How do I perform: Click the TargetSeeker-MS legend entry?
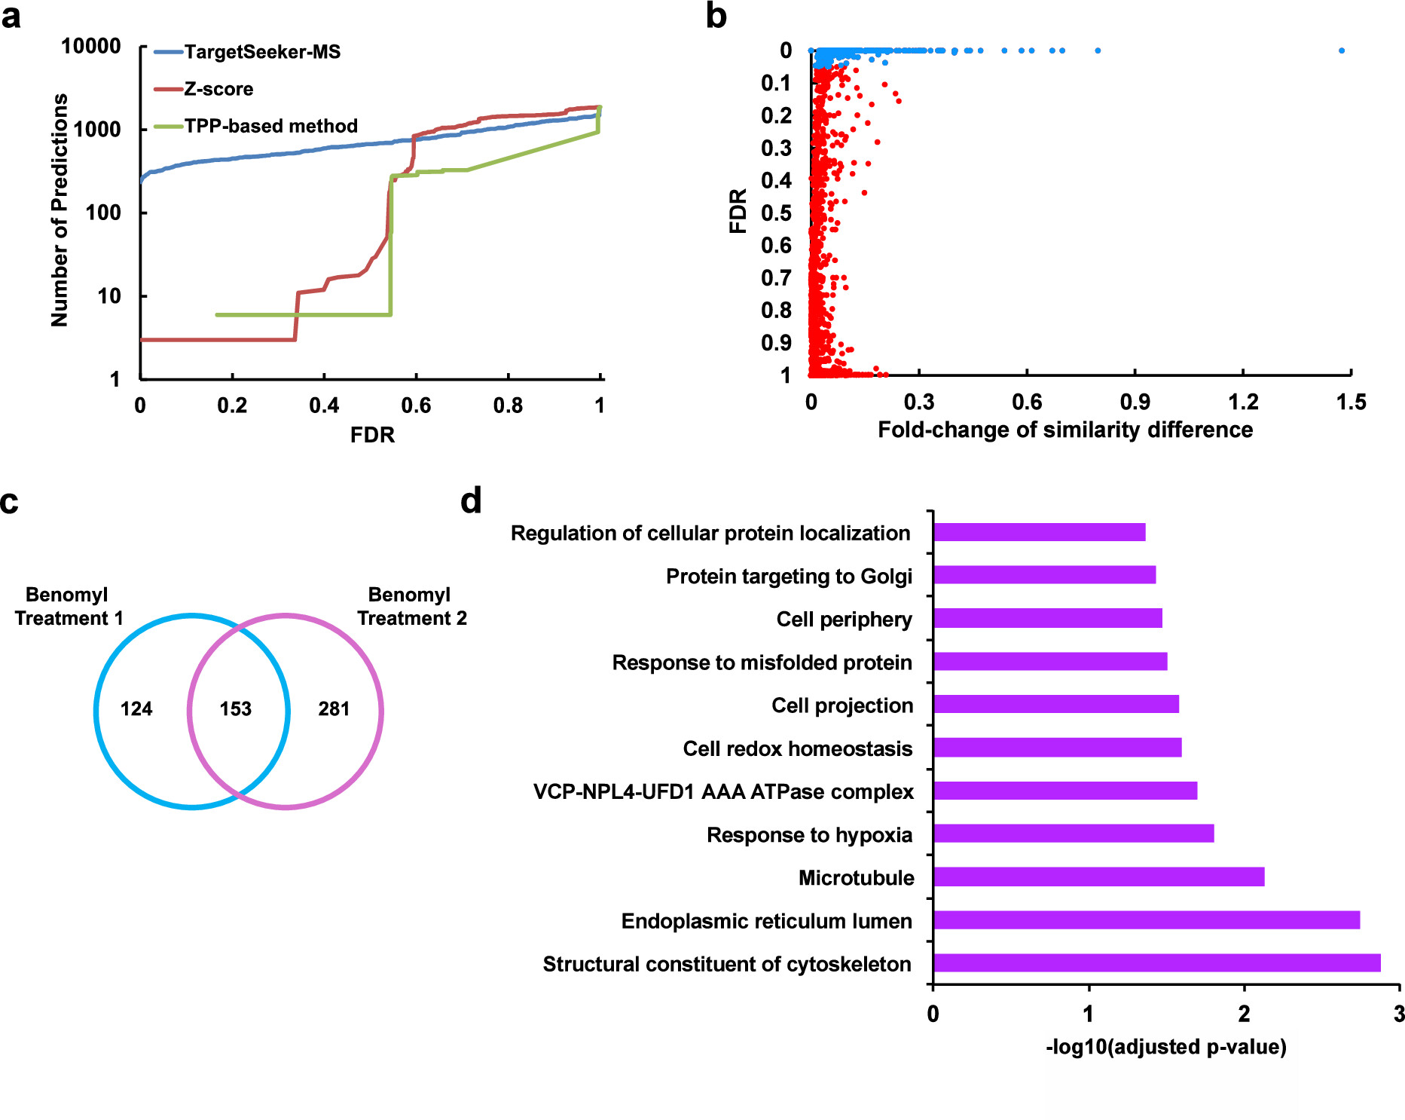pos(261,52)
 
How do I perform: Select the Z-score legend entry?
pos(218,89)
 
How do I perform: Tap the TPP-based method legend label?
pos(270,126)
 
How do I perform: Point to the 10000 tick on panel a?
pos(91,47)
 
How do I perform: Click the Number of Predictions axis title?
pos(60,210)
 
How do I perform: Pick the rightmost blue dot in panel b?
pos(1342,50)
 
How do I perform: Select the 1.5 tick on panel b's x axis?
pos(1351,402)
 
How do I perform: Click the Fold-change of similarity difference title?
pos(1065,430)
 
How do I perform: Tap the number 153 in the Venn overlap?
pos(236,708)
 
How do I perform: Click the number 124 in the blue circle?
pos(136,708)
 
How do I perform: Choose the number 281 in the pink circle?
pos(334,708)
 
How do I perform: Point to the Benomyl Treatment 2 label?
pos(411,606)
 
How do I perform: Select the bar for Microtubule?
pos(1098,877)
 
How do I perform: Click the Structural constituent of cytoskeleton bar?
pos(1156,962)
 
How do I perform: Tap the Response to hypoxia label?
pos(809,835)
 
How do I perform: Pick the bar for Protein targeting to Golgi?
pos(1044,575)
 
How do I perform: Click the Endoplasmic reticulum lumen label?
pos(766,921)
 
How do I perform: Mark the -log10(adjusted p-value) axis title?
pos(1165,1047)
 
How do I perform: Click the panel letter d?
pos(471,500)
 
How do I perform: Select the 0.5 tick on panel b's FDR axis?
pos(776,213)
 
